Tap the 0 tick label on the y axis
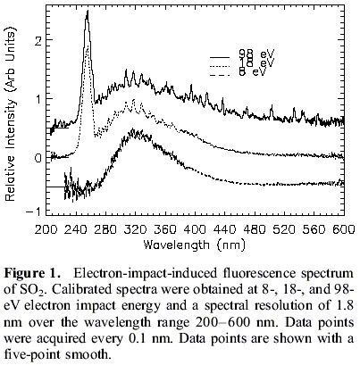36,157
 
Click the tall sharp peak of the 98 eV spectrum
87,12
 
